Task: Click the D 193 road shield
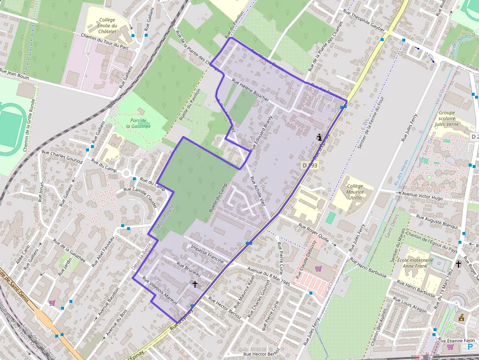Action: click(x=310, y=166)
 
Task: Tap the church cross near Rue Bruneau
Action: click(x=195, y=284)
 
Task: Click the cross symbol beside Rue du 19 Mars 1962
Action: click(x=458, y=264)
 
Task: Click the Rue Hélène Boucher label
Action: click(x=250, y=90)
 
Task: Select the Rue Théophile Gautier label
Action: click(x=364, y=21)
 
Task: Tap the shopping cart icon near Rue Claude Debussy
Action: click(x=319, y=268)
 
